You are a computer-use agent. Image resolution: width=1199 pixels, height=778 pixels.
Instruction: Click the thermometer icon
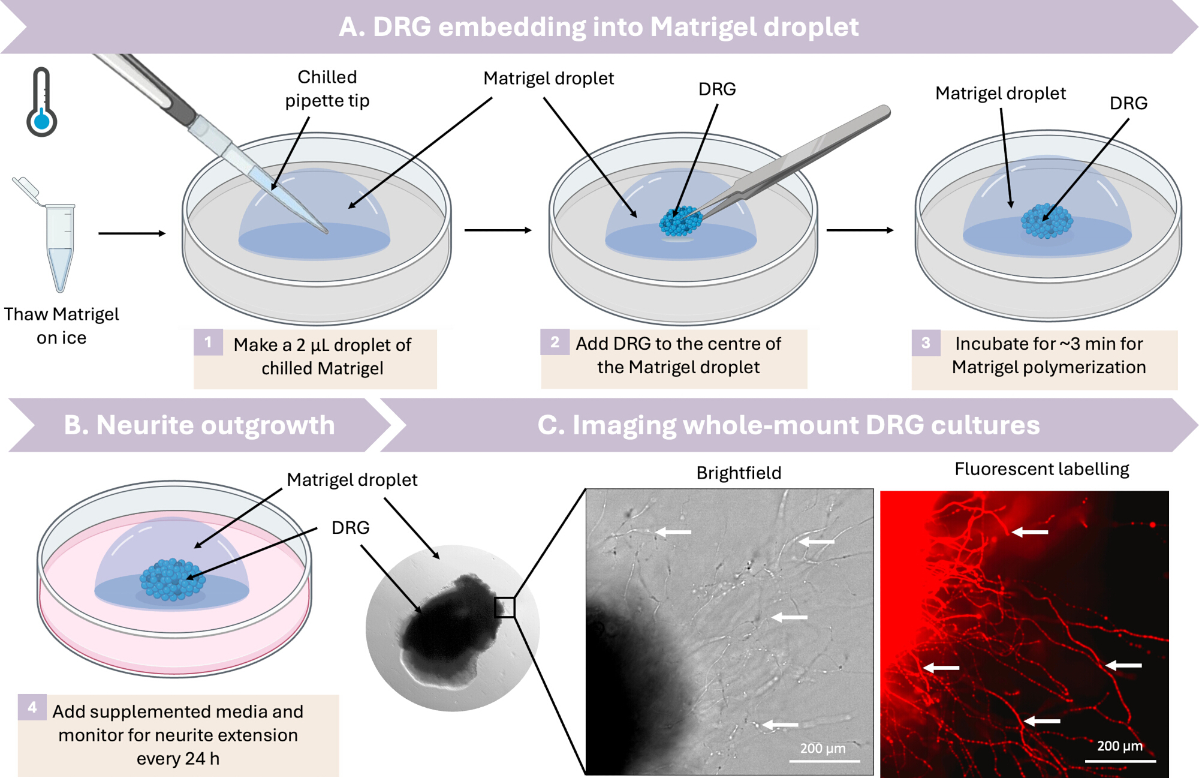point(41,102)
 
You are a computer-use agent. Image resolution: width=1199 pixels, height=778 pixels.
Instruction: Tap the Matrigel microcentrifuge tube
point(54,237)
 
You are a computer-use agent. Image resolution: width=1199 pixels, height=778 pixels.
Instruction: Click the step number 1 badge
point(208,342)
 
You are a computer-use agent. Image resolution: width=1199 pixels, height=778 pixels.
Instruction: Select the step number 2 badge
point(555,342)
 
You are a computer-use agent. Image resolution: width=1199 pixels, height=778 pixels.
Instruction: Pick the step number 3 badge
point(926,343)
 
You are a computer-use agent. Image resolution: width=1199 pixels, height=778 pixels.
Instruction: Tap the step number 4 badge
point(32,707)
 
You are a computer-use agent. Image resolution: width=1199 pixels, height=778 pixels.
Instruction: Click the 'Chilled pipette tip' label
point(327,89)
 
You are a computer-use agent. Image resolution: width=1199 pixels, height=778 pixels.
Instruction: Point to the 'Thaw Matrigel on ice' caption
point(61,326)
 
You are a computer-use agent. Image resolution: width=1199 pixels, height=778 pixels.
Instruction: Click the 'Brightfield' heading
point(739,473)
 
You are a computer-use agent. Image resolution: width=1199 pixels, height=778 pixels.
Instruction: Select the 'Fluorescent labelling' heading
point(1042,469)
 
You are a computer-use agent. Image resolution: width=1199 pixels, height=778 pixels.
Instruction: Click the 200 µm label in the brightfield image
point(823,748)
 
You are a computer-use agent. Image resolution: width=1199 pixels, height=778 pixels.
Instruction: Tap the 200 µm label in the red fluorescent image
point(1120,746)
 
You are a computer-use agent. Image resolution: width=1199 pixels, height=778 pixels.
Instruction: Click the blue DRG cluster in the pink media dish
point(173,579)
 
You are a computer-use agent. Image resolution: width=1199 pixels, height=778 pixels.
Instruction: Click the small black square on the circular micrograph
point(505,608)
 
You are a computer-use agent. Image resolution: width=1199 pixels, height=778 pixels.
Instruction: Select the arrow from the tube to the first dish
point(132,233)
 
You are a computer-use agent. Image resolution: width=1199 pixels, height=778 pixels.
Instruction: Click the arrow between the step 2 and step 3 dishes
point(860,230)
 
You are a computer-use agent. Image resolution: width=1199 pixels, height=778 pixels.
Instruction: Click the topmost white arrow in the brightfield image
point(673,531)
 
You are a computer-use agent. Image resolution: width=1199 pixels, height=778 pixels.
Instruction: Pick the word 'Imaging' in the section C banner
point(623,425)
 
